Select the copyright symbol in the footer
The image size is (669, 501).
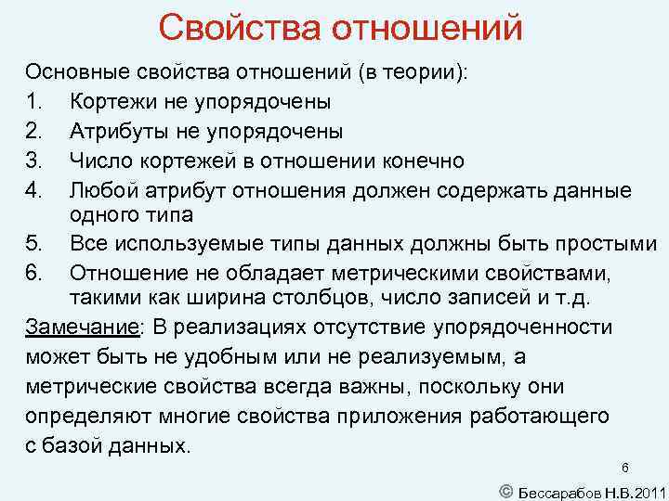505,488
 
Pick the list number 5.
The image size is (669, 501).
33,244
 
